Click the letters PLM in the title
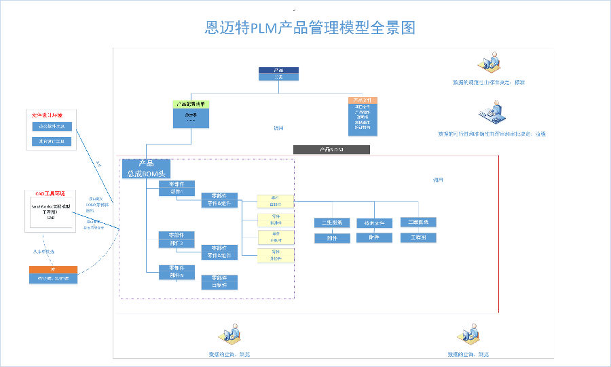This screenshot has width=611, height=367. (265, 28)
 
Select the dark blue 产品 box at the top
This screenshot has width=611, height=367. (278, 70)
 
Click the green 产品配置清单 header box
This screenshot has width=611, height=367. (191, 104)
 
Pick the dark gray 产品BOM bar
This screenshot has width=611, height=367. (331, 149)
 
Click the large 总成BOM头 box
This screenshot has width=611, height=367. (145, 169)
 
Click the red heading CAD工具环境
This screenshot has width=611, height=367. (50, 193)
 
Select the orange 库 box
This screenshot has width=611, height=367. (53, 270)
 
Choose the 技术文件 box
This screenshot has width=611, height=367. (374, 223)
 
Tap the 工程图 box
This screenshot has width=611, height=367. (418, 238)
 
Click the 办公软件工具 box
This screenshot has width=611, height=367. (52, 126)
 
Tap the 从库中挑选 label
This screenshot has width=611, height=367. (44, 251)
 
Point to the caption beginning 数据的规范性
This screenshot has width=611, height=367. (489, 83)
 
